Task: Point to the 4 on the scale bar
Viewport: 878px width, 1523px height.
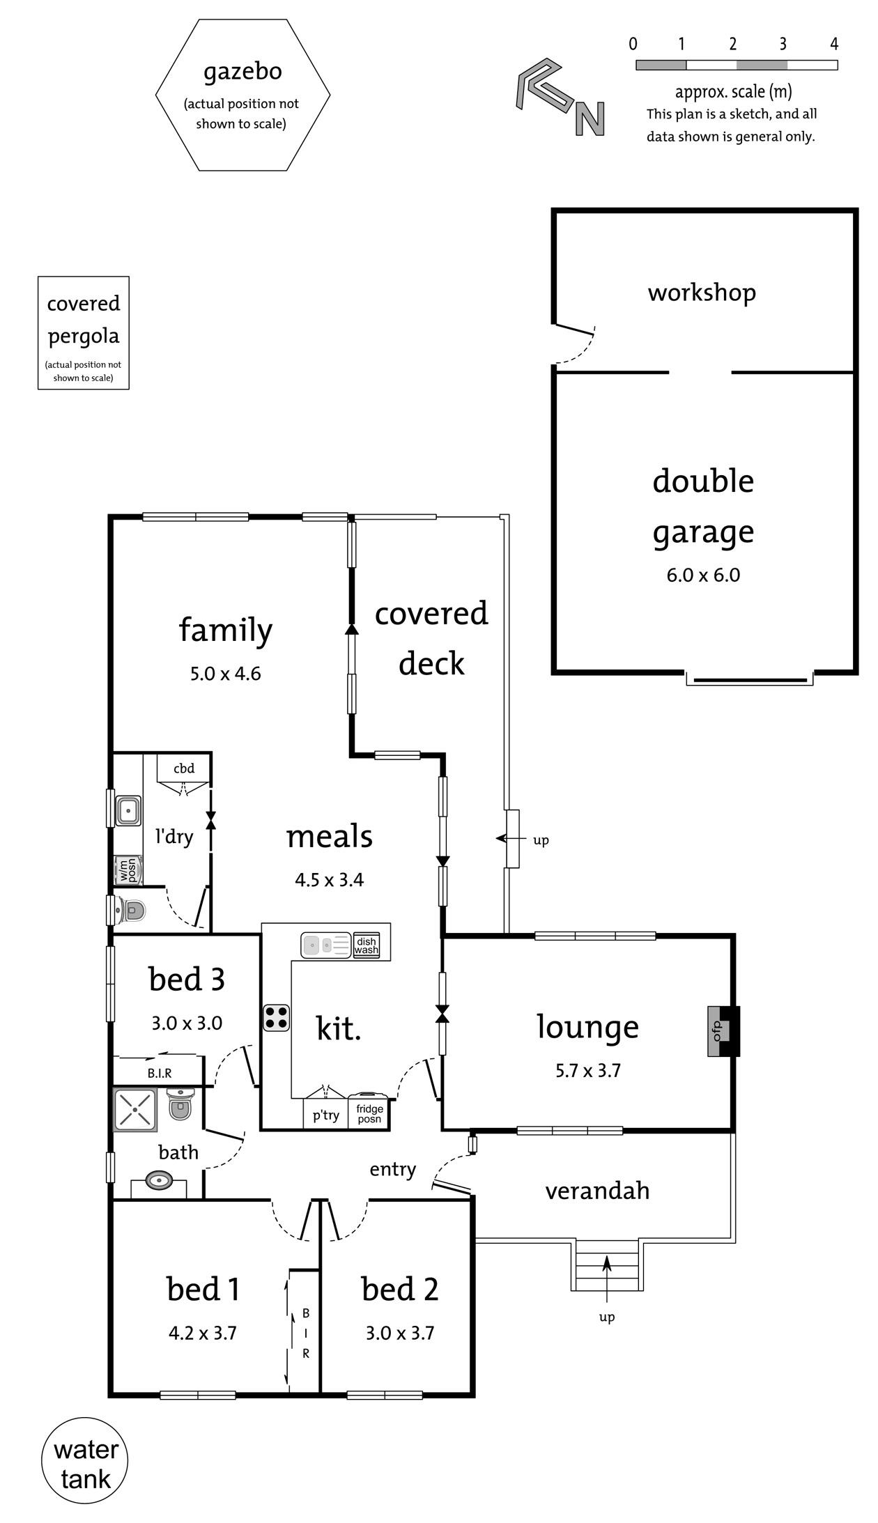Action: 834,44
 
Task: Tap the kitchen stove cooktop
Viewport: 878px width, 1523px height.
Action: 277,1017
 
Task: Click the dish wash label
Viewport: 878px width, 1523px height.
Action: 367,945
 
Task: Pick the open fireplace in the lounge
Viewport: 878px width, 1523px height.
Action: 723,1031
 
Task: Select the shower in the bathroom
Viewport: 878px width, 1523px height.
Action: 135,1109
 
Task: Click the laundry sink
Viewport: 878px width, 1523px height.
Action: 128,811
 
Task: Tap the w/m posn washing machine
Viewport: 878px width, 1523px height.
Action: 128,870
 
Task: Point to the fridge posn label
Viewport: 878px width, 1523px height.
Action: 369,1113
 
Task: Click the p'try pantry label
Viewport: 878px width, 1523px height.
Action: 325,1115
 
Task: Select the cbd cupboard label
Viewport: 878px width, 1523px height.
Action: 184,768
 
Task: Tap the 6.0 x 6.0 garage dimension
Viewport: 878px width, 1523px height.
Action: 703,575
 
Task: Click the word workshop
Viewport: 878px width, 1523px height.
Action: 702,293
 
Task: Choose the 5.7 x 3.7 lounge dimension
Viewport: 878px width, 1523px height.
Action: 588,1071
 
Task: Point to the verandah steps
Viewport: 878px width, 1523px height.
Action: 606,1265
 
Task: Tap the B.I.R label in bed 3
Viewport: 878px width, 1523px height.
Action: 160,1074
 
